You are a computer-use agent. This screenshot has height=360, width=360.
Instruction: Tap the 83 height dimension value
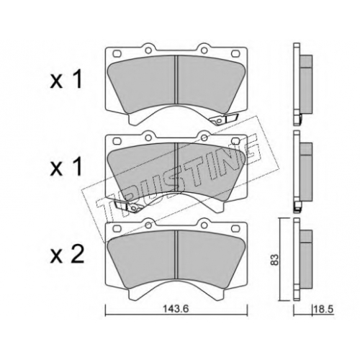coord(275,259)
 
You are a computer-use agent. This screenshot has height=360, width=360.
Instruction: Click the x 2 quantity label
coord(67,255)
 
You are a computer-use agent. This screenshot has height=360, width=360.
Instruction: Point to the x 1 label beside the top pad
coord(66,80)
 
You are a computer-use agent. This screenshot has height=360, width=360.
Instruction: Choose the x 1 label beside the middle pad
coord(66,167)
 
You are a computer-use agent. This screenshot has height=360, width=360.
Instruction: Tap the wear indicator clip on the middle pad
coord(127,207)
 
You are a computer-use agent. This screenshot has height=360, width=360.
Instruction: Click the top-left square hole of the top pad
coord(117,53)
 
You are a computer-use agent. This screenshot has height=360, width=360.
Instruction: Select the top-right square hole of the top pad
coord(235,53)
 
